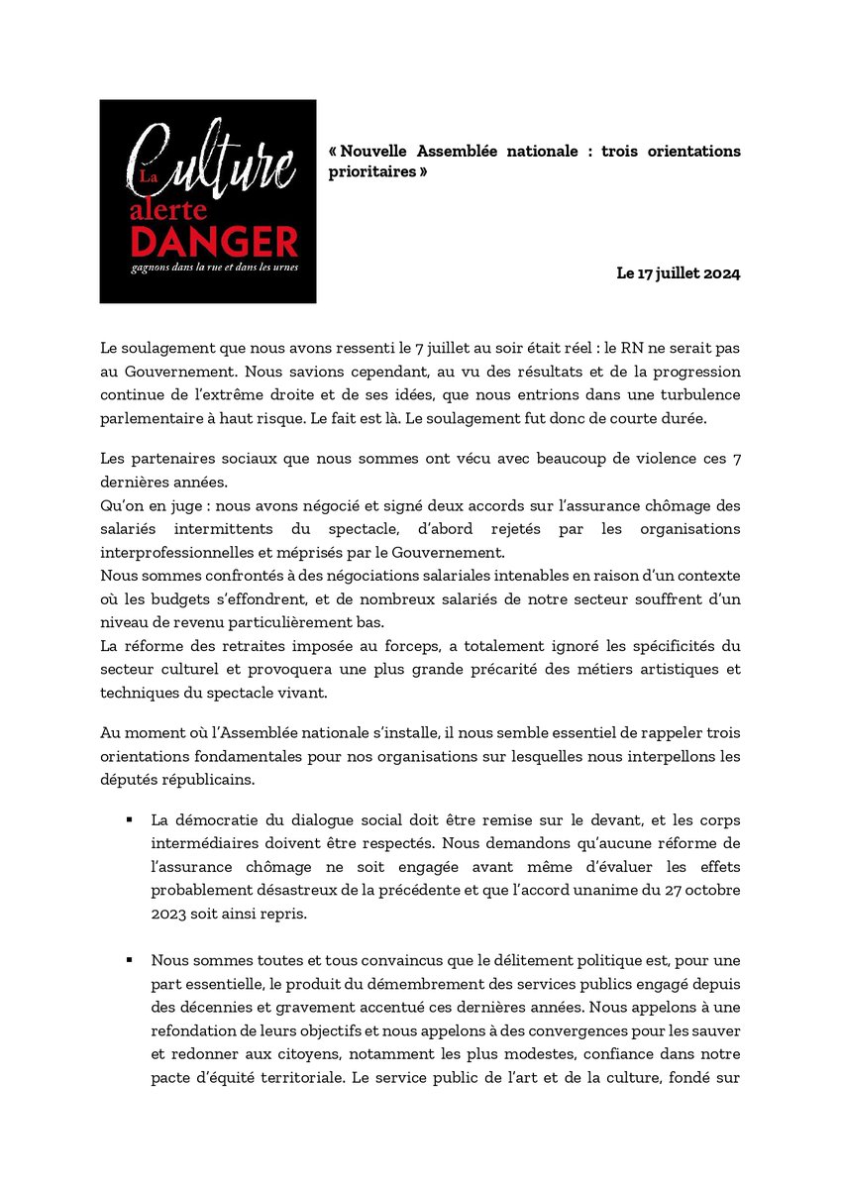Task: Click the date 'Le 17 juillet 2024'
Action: coord(679,272)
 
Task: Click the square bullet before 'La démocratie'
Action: coord(129,821)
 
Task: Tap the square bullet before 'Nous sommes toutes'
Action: coord(129,960)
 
